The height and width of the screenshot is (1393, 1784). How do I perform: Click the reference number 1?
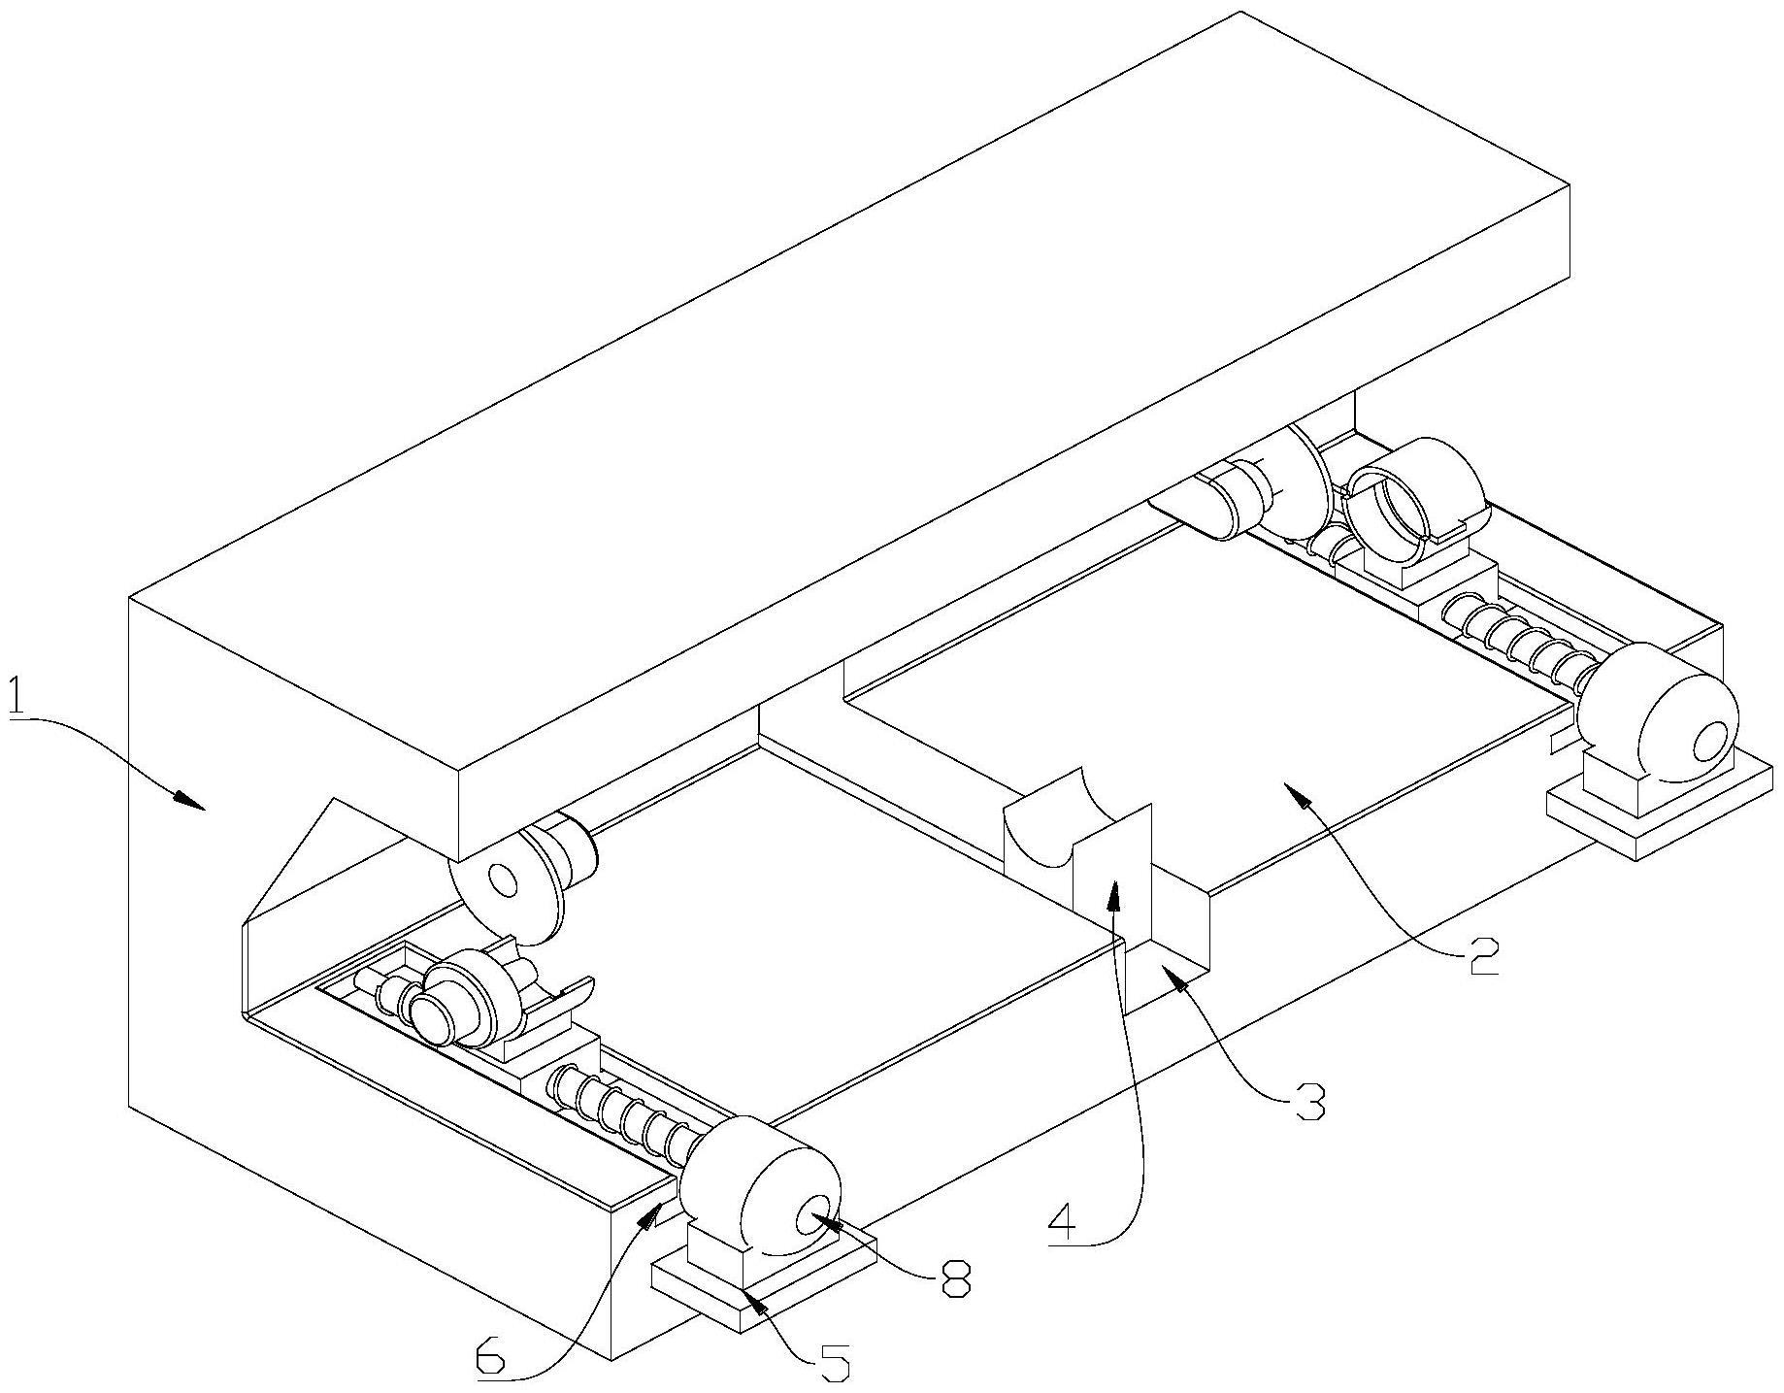click(x=17, y=696)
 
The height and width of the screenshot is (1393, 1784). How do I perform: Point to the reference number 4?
click(x=1063, y=1225)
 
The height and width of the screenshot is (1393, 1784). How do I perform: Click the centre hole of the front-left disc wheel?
click(x=504, y=879)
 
